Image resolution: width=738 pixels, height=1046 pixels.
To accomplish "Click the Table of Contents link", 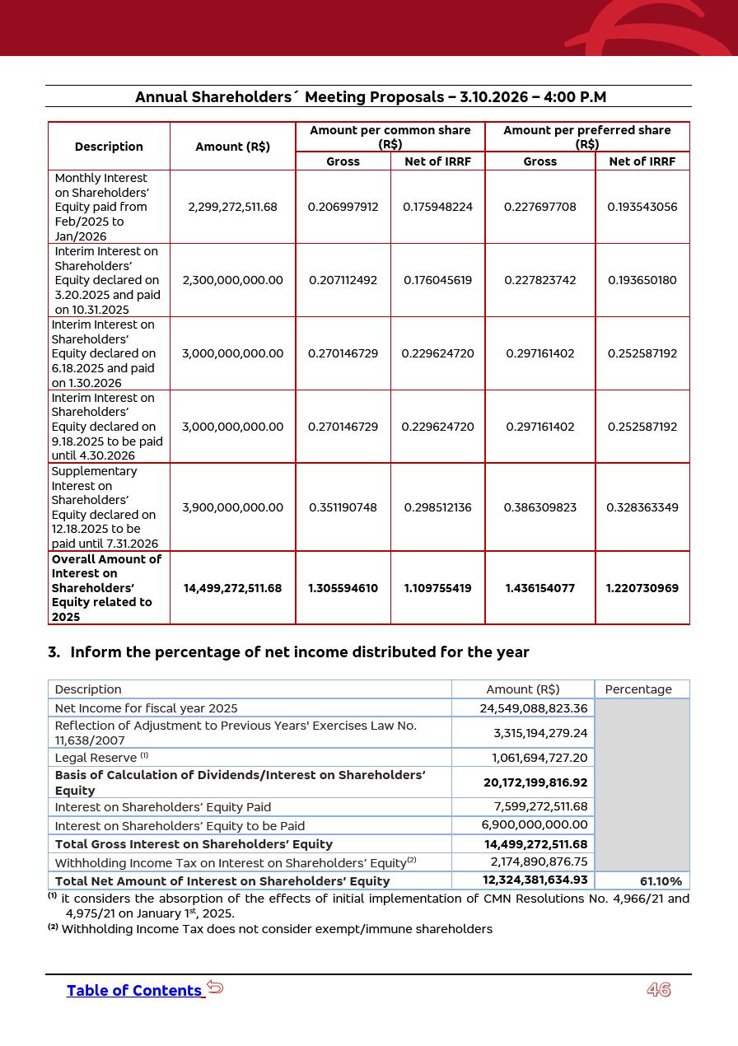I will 134,991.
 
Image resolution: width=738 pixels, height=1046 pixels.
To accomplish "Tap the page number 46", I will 659,990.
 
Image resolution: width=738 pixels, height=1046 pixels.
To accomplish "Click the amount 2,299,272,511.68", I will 232,207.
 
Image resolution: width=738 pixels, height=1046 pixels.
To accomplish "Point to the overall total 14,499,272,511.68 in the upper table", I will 232,588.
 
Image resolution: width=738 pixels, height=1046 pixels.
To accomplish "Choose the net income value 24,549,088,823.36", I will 534,708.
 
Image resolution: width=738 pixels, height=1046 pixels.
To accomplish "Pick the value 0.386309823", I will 539,507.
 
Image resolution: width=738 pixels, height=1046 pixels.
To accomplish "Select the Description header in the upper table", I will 109,147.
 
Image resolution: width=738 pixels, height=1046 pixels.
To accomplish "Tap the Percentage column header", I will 638,689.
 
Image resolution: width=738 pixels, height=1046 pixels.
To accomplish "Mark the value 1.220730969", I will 642,588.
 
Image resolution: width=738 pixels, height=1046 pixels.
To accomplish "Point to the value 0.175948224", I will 437,207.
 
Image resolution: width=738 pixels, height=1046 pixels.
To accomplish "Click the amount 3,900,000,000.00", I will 232,507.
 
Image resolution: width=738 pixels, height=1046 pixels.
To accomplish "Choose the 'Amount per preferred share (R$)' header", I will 586,137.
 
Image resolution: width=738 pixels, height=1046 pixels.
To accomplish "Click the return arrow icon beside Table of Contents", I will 215,988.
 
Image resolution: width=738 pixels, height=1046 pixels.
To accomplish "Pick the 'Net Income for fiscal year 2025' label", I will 146,708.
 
